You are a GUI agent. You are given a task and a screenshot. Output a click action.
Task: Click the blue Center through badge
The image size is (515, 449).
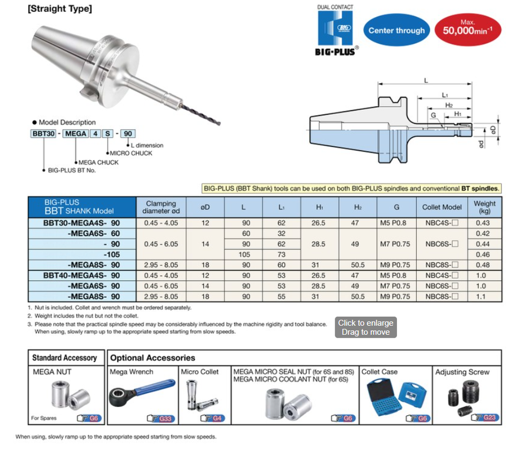(396, 31)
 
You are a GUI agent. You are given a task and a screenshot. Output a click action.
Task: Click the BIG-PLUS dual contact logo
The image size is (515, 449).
(336, 31)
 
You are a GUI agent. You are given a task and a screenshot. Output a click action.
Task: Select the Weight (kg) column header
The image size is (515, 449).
(484, 207)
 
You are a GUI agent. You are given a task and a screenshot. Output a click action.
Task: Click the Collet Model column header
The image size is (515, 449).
(442, 207)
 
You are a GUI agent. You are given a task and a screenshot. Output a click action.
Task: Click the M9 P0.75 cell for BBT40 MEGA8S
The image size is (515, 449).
(396, 296)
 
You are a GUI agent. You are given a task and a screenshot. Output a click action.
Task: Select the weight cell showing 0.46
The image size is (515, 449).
(484, 255)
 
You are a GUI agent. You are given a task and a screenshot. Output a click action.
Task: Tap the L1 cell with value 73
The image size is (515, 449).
(281, 255)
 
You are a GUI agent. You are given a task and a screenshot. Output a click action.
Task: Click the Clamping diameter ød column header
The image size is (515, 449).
(160, 207)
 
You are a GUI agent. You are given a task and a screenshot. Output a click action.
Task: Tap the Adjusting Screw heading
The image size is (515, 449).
(462, 372)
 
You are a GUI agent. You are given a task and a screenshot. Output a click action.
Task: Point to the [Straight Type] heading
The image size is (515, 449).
(60, 9)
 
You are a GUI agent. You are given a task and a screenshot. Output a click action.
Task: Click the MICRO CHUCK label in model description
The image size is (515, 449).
(131, 153)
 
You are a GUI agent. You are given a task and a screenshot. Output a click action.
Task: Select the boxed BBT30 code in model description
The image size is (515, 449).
(42, 133)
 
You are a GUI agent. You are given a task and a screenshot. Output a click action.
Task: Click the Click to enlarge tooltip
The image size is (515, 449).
(366, 327)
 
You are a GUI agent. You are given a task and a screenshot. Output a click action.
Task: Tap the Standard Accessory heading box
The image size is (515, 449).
(64, 358)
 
